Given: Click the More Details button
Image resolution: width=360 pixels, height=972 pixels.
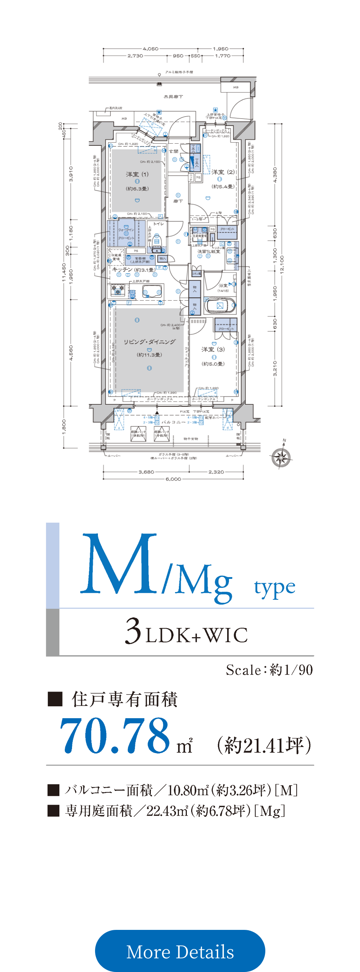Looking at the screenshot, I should tap(180, 951).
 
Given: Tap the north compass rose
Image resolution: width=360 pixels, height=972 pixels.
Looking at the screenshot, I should tap(281, 458).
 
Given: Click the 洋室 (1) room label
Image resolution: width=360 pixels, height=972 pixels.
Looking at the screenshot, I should tap(138, 174).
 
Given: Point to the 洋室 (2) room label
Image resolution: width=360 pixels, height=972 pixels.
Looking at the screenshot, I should tap(223, 172).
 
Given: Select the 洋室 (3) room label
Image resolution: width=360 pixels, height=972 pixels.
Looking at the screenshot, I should tap(213, 350).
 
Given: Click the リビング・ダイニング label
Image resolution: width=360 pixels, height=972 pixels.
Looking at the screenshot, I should tap(149, 342).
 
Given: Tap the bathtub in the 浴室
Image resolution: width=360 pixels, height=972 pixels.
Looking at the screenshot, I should tap(220, 306).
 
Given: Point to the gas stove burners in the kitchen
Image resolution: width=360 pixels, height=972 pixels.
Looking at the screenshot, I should tap(117, 290).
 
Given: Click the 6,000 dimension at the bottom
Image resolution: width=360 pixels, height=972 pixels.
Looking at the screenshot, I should tap(173, 479).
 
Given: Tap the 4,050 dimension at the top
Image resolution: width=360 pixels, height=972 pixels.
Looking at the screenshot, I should tap(150, 49).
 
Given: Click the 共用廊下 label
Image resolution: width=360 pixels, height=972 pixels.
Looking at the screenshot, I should tap(173, 97).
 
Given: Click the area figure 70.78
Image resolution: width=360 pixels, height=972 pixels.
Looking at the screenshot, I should tap(115, 736).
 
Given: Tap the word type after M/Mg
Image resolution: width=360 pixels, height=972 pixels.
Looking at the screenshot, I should tap(274, 588).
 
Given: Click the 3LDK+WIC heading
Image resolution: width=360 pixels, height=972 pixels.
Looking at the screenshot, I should tap(186, 633).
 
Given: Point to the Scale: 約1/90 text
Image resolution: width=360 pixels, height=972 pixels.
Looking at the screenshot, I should tap(269, 670).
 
